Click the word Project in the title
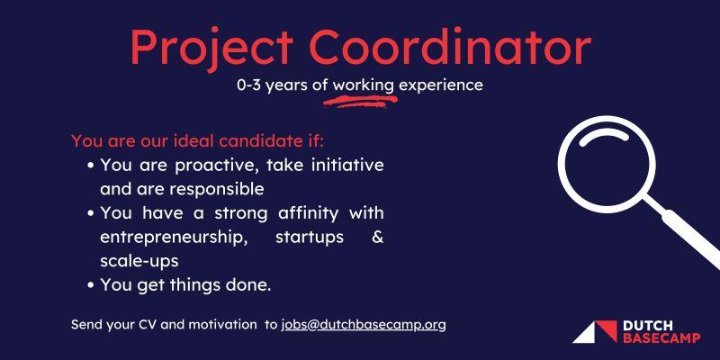pyautogui.click(x=212, y=48)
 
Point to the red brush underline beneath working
pyautogui.click(x=360, y=102)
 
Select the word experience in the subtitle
pyautogui.click(x=441, y=86)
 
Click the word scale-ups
pyautogui.click(x=139, y=262)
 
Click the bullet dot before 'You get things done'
pyautogui.click(x=92, y=285)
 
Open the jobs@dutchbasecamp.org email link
pyautogui.click(x=364, y=325)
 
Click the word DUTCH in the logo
pyautogui.click(x=648, y=326)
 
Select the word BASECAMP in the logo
pyautogui.click(x=661, y=338)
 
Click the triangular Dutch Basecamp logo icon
pyautogui.click(x=595, y=332)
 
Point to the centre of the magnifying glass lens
pyautogui.click(x=607, y=164)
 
